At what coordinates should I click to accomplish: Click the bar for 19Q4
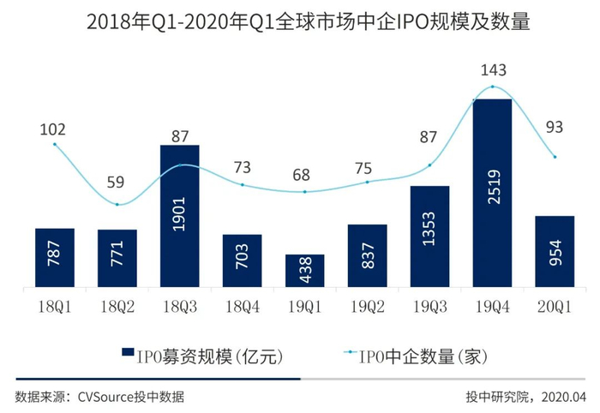tap(492, 193)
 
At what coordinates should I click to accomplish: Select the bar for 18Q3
tap(180, 216)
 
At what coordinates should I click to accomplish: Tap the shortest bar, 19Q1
tap(305, 271)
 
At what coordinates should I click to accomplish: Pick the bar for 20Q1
tap(555, 251)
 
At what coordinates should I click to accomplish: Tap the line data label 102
tap(54, 129)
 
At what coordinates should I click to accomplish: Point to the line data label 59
tap(117, 182)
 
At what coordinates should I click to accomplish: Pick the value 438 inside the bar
tap(305, 270)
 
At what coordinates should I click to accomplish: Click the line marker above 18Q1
tap(55, 144)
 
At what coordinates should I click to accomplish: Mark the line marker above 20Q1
tap(555, 157)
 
